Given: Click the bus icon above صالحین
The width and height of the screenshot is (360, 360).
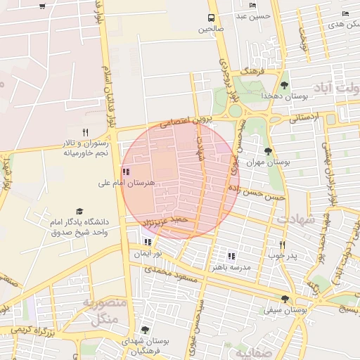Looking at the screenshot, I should [210, 18].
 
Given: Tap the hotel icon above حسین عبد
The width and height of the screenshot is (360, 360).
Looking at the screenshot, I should [252, 6].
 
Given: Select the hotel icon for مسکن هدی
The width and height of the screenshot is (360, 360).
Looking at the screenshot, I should [345, 13].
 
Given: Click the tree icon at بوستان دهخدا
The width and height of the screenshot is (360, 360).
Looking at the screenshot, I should [284, 85].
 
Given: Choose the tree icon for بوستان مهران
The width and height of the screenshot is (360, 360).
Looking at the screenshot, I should [267, 150].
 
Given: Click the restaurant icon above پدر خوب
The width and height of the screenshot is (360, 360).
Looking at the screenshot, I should [281, 245].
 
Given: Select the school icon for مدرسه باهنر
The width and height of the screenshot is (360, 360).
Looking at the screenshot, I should [231, 256].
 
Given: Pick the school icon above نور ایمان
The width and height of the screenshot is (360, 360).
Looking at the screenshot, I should [148, 242].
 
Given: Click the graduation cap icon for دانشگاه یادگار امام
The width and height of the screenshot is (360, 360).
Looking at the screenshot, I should [79, 211].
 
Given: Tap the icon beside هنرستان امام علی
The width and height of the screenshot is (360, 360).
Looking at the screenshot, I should [125, 172].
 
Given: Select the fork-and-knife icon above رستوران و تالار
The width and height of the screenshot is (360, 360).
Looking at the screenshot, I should [86, 132].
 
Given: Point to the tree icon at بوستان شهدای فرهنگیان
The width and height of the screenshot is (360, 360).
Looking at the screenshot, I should [145, 329].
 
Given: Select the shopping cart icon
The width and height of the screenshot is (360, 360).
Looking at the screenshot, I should [43, 6].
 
